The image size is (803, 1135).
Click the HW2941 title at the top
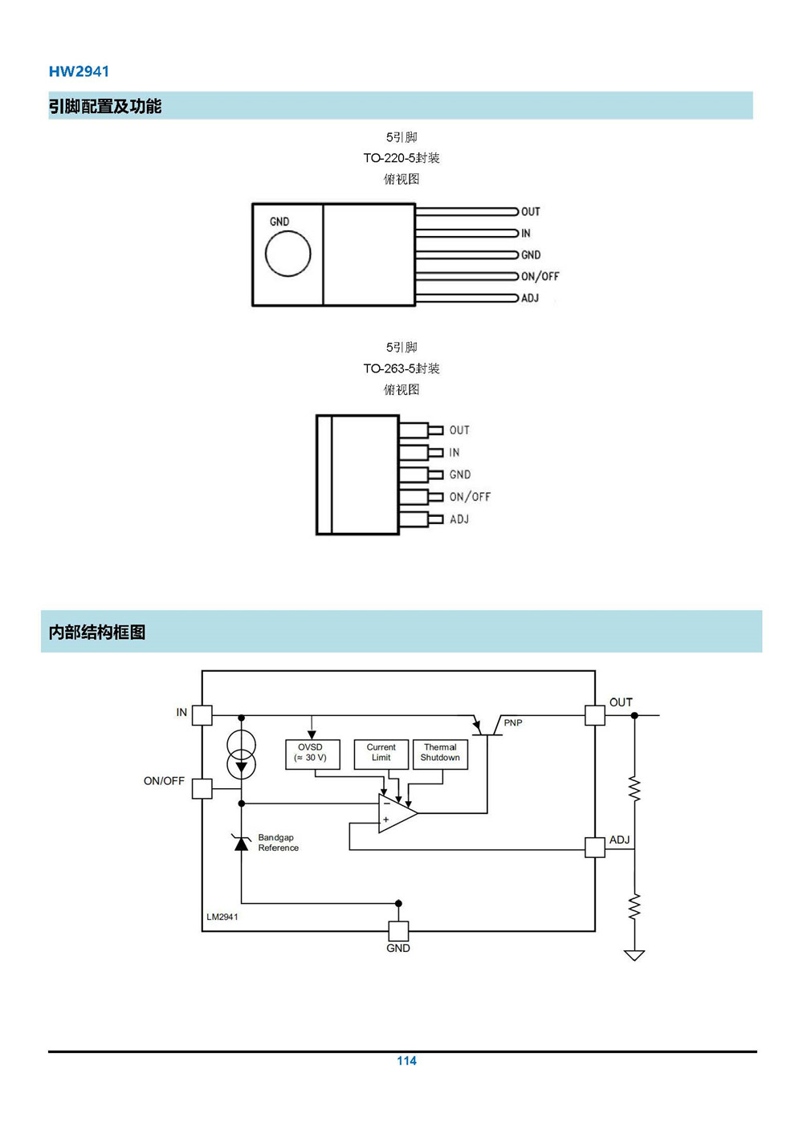point(79,71)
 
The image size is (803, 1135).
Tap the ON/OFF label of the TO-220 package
point(540,276)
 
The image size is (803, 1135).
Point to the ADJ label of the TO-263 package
point(459,519)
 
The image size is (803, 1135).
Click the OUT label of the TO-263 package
point(459,430)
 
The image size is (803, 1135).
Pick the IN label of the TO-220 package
point(526,233)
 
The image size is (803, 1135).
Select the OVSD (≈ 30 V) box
point(312,755)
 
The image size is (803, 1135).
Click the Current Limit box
point(381,755)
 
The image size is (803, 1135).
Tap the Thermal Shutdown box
point(440,755)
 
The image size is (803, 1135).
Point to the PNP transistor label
point(513,722)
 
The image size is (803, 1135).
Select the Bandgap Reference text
point(279,843)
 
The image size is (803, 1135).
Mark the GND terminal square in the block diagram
point(398,931)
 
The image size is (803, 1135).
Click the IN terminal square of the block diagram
point(202,715)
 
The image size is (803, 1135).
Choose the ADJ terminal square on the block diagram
point(595,848)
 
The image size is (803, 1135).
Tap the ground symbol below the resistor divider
point(634,955)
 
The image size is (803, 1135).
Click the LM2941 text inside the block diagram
point(222,917)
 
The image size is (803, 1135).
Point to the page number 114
point(406,1061)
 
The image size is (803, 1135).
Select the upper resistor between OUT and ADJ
point(634,789)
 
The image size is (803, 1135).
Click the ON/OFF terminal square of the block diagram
point(202,789)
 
